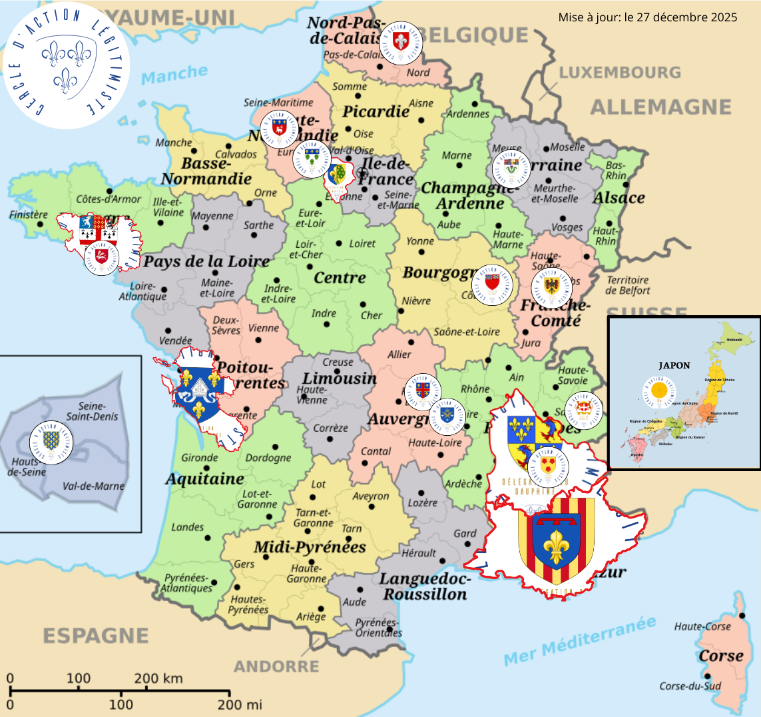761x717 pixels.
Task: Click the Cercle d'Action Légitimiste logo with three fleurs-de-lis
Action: (65, 65)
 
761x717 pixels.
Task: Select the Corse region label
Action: (721, 656)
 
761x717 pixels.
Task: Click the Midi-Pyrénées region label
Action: (310, 548)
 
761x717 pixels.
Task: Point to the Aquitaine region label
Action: (204, 479)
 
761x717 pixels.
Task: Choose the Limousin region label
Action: (340, 378)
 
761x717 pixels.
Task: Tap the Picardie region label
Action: (376, 111)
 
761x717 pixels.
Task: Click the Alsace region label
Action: (619, 198)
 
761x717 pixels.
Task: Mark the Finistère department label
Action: (29, 215)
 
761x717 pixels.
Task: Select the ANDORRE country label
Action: (276, 666)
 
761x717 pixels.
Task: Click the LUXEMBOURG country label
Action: (620, 72)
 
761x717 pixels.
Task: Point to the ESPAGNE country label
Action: (96, 636)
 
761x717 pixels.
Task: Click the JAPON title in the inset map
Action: (674, 365)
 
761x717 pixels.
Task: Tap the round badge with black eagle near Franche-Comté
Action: (552, 287)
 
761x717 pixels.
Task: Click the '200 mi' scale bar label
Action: (240, 704)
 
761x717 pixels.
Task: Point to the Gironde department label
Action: (200, 458)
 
